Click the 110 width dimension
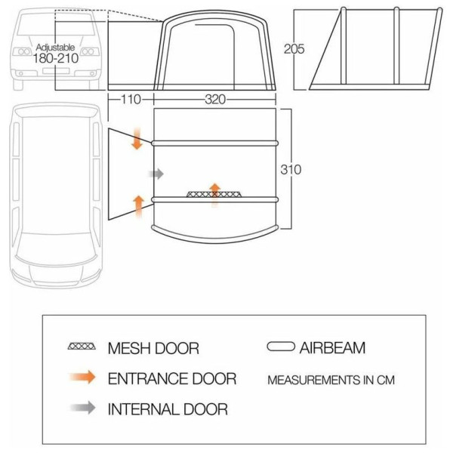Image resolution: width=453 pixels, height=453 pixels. coord(131,100)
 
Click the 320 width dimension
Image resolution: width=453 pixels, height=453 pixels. coord(215,100)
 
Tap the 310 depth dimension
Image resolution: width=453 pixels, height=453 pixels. coord(291,170)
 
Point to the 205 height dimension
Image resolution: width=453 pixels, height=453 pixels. coord(294,49)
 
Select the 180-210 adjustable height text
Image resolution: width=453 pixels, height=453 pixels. coord(55,58)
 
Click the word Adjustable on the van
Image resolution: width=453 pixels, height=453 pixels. coord(55,48)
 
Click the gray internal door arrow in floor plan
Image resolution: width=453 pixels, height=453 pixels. coord(156,174)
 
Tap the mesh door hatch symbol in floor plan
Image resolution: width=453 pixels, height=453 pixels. coord(214,194)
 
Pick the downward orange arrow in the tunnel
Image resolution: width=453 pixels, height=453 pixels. coord(137,138)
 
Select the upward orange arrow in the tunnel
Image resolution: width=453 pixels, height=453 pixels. coord(139,207)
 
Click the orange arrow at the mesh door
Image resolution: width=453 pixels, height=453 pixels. coord(214,195)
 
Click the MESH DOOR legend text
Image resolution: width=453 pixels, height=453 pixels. coord(153,348)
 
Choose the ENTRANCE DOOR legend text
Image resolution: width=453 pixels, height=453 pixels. coord(172,378)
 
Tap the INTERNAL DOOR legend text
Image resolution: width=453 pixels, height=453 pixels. coord(168,409)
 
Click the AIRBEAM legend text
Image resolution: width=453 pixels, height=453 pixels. coord(332,347)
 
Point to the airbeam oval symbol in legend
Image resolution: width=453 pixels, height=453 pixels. coord(281,347)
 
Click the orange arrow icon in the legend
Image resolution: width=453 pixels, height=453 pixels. coord(82,377)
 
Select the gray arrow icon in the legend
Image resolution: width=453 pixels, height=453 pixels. coord(82,408)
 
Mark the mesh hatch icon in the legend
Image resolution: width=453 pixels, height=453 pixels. coord(82,346)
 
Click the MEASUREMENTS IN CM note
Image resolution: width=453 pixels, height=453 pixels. coord(331,380)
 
